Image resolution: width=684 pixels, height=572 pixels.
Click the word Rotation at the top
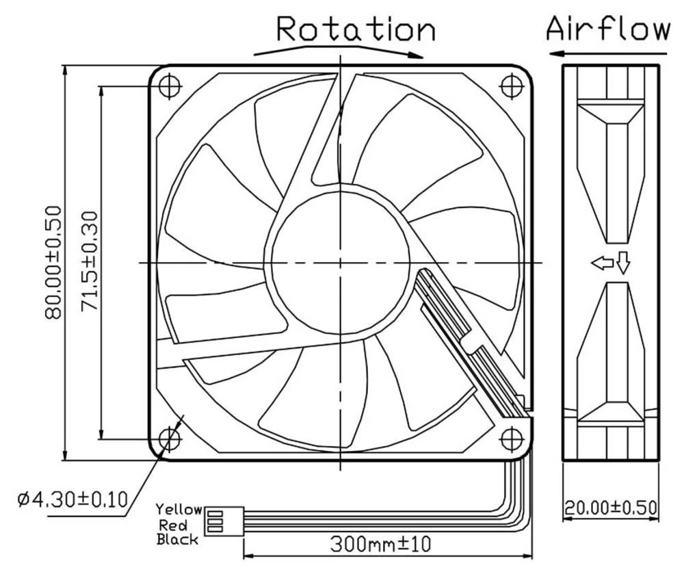point(356,29)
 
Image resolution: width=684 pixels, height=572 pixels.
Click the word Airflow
point(608,29)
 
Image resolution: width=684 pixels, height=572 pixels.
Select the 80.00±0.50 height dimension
point(55,263)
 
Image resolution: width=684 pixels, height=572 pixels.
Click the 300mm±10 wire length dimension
point(381,545)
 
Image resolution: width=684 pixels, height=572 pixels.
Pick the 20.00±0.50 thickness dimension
point(610,508)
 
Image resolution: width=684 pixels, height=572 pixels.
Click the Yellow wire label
point(179,510)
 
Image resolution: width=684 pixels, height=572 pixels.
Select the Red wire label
point(173,525)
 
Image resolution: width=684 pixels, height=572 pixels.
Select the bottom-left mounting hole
point(169,438)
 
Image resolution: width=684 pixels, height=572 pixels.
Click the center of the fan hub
point(339,262)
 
